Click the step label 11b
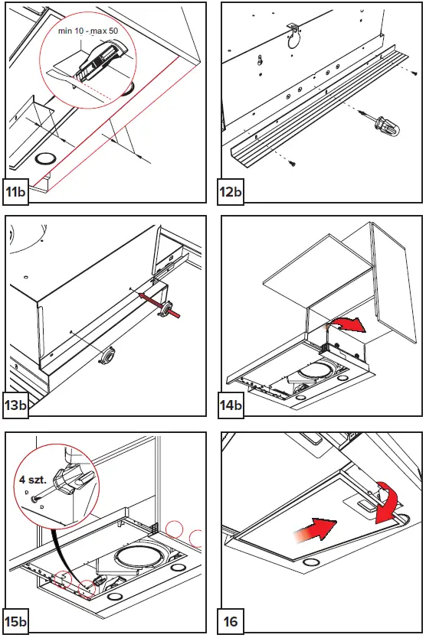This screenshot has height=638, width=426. (x=16, y=190)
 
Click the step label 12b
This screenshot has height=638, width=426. (x=231, y=190)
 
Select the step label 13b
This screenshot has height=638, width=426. (x=16, y=405)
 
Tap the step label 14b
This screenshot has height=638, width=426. (x=231, y=405)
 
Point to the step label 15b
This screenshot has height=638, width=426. (x=16, y=621)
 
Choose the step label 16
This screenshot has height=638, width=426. (x=231, y=621)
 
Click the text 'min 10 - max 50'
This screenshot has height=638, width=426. (x=88, y=31)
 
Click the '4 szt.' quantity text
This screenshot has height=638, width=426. (x=33, y=480)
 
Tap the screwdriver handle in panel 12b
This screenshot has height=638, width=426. (x=387, y=128)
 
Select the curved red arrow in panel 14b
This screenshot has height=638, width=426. (x=347, y=324)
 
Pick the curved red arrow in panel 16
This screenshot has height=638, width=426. (x=387, y=501)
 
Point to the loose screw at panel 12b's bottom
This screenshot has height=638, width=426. (x=292, y=164)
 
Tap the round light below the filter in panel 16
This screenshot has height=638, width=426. (x=311, y=562)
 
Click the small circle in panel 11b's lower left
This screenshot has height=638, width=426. (x=44, y=159)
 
